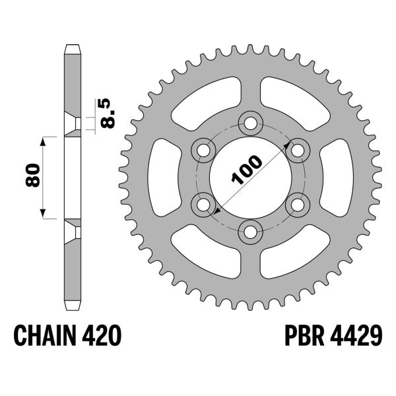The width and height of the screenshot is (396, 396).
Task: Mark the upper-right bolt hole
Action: click(298, 149)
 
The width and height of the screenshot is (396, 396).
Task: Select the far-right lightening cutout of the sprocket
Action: click(335, 176)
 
